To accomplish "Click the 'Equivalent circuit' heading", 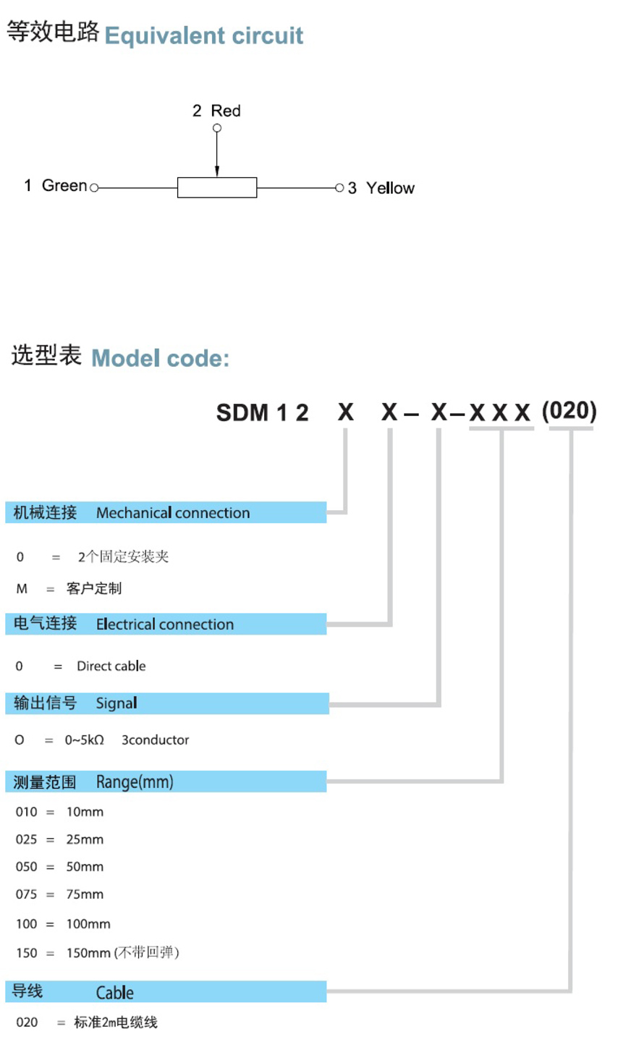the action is pyautogui.click(x=203, y=36).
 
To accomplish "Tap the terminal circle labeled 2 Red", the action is pyautogui.click(x=217, y=128).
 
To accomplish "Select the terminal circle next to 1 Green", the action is pyautogui.click(x=94, y=188).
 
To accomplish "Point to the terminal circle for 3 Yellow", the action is pyautogui.click(x=339, y=188).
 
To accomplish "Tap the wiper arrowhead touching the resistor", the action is pyautogui.click(x=217, y=171).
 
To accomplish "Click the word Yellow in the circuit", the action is pyautogui.click(x=390, y=188).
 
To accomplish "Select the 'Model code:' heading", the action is pyautogui.click(x=161, y=358).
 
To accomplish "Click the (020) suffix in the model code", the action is pyautogui.click(x=569, y=411).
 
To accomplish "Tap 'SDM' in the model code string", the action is pyautogui.click(x=242, y=412).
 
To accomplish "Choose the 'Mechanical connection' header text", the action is pyautogui.click(x=173, y=513).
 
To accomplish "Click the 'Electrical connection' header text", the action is pyautogui.click(x=165, y=624).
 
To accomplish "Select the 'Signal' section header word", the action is pyautogui.click(x=117, y=703).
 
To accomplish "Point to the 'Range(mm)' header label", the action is pyautogui.click(x=135, y=782).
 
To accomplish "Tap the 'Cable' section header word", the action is pyautogui.click(x=115, y=992).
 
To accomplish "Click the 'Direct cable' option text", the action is pyautogui.click(x=111, y=666).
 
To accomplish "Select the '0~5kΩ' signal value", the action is pyautogui.click(x=85, y=740).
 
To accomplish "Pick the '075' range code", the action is pyautogui.click(x=26, y=894).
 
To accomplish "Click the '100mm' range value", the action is pyautogui.click(x=88, y=924).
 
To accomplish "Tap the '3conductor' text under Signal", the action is pyautogui.click(x=155, y=740).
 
